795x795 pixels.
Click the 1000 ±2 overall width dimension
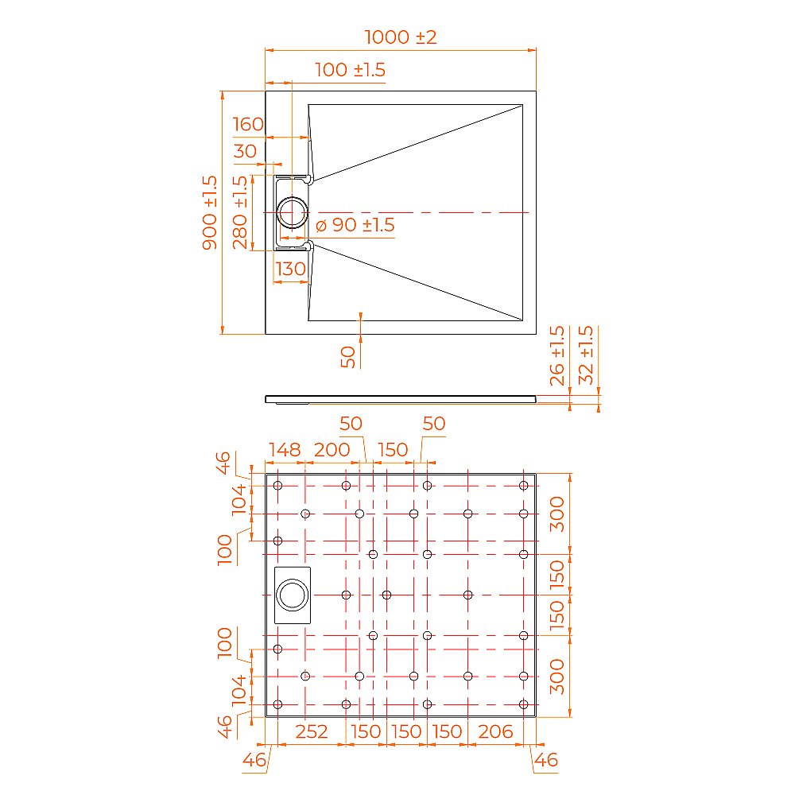tap(401, 37)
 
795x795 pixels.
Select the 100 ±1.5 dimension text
tap(350, 70)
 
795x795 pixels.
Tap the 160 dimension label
tap(248, 124)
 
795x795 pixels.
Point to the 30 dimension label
tap(246, 151)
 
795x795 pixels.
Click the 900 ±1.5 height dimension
tap(210, 212)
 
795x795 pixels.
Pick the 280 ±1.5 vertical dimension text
tap(241, 212)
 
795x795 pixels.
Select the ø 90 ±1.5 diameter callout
tap(355, 225)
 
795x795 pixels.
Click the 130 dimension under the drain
tap(290, 269)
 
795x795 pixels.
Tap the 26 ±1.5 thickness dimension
tap(557, 355)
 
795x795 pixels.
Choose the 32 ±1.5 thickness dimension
tap(587, 355)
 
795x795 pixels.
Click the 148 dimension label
tap(284, 450)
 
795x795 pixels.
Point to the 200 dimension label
tap(332, 450)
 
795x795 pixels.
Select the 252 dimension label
tap(312, 731)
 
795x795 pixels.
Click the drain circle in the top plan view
tap(293, 212)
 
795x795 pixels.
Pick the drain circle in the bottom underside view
tap(292, 595)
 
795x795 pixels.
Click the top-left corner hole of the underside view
tap(277, 486)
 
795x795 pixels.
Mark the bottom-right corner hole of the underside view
tap(523, 704)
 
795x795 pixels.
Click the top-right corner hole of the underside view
tap(523, 486)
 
